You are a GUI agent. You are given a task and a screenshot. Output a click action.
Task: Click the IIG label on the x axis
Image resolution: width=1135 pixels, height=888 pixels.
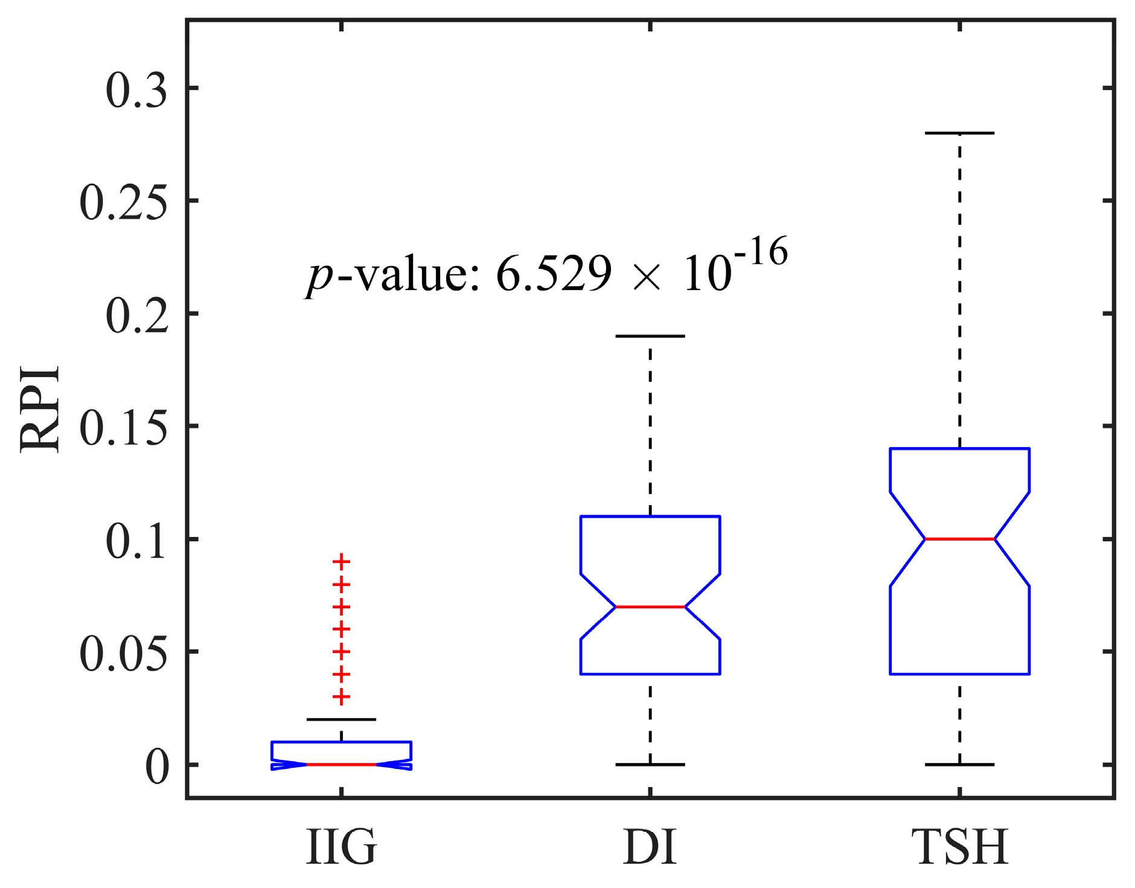[342, 847]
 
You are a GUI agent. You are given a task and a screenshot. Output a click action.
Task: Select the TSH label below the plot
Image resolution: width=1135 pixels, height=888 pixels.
[959, 847]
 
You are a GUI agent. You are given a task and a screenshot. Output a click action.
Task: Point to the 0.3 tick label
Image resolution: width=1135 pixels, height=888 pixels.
[136, 91]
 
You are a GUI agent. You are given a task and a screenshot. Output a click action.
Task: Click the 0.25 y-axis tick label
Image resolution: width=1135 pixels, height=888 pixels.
[123, 203]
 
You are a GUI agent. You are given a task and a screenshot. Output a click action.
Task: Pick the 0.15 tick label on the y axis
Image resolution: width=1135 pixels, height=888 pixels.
[123, 429]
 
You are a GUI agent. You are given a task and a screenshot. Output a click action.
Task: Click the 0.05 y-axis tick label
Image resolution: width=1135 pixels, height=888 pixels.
[123, 654]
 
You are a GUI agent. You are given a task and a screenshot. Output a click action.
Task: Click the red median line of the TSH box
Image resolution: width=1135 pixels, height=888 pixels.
[959, 539]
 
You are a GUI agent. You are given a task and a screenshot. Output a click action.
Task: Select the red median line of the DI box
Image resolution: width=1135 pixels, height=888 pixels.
[650, 606]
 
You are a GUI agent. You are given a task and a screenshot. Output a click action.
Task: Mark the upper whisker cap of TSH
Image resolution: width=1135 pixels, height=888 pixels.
[959, 133]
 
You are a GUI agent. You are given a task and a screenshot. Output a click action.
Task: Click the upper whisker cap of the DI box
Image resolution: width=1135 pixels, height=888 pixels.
[650, 336]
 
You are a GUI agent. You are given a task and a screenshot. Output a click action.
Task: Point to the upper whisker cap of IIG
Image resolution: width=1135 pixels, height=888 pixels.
[342, 719]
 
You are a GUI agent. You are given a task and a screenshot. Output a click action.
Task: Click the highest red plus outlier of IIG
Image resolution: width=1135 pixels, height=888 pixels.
[342, 562]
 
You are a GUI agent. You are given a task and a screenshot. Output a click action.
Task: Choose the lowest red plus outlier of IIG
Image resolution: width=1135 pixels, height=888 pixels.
[342, 697]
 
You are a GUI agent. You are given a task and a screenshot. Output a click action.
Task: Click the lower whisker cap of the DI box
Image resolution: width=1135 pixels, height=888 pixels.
[650, 765]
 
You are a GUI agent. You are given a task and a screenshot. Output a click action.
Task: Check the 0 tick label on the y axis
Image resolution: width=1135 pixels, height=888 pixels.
[157, 768]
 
